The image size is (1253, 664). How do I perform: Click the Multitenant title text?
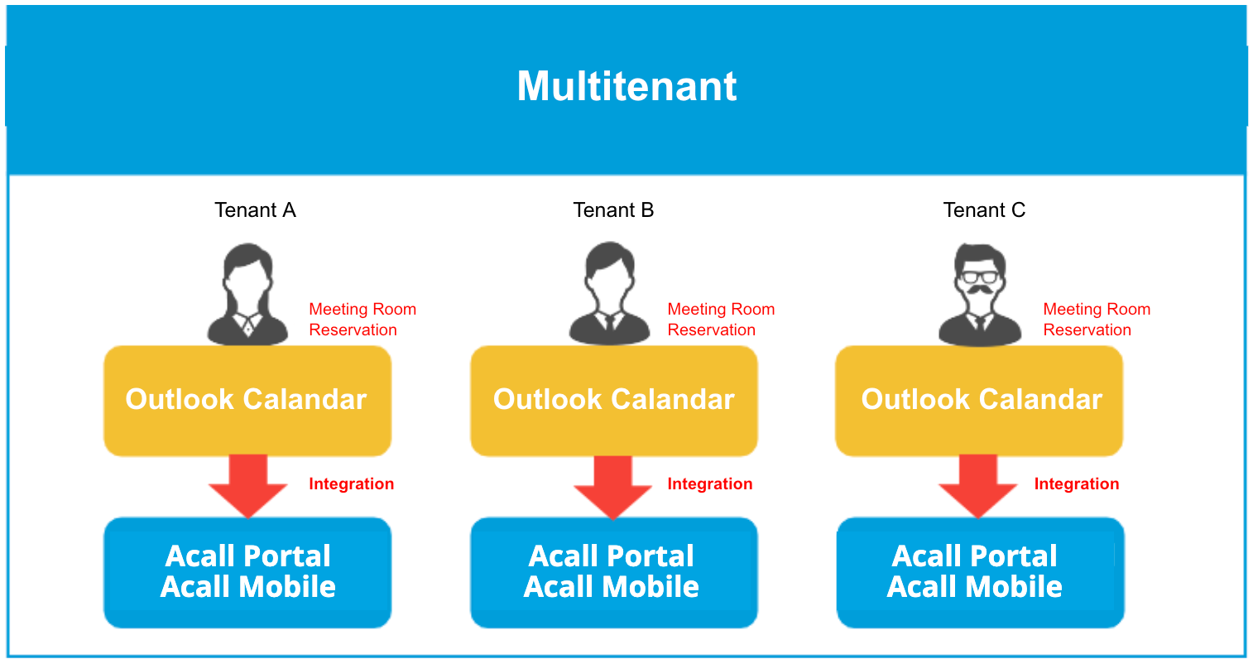tap(626, 86)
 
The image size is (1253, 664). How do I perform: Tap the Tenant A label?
tap(255, 210)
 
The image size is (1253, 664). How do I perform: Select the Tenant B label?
tap(613, 210)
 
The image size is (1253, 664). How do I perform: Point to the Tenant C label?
tap(984, 210)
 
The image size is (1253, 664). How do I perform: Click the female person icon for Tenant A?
tap(247, 294)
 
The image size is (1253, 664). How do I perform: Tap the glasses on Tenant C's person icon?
tap(980, 277)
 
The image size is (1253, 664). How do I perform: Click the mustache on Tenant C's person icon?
tap(980, 291)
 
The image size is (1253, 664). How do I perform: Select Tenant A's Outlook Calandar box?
tap(247, 401)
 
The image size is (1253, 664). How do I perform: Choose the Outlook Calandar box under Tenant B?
tap(613, 401)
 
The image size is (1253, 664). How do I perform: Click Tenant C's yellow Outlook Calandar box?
tap(979, 401)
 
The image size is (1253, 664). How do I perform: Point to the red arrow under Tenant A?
tap(247, 486)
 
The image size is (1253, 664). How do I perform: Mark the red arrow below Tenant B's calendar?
tap(613, 487)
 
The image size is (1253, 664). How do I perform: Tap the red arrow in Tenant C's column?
tap(977, 486)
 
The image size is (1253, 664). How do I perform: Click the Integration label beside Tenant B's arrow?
tap(710, 484)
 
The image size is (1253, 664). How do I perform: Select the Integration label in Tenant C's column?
tap(1077, 484)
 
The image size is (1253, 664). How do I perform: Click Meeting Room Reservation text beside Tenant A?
tap(362, 320)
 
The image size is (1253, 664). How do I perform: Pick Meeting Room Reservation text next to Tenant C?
tap(1097, 320)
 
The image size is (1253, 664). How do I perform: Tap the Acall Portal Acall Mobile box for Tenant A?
tap(247, 572)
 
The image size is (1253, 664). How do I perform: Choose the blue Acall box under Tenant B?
tap(613, 572)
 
